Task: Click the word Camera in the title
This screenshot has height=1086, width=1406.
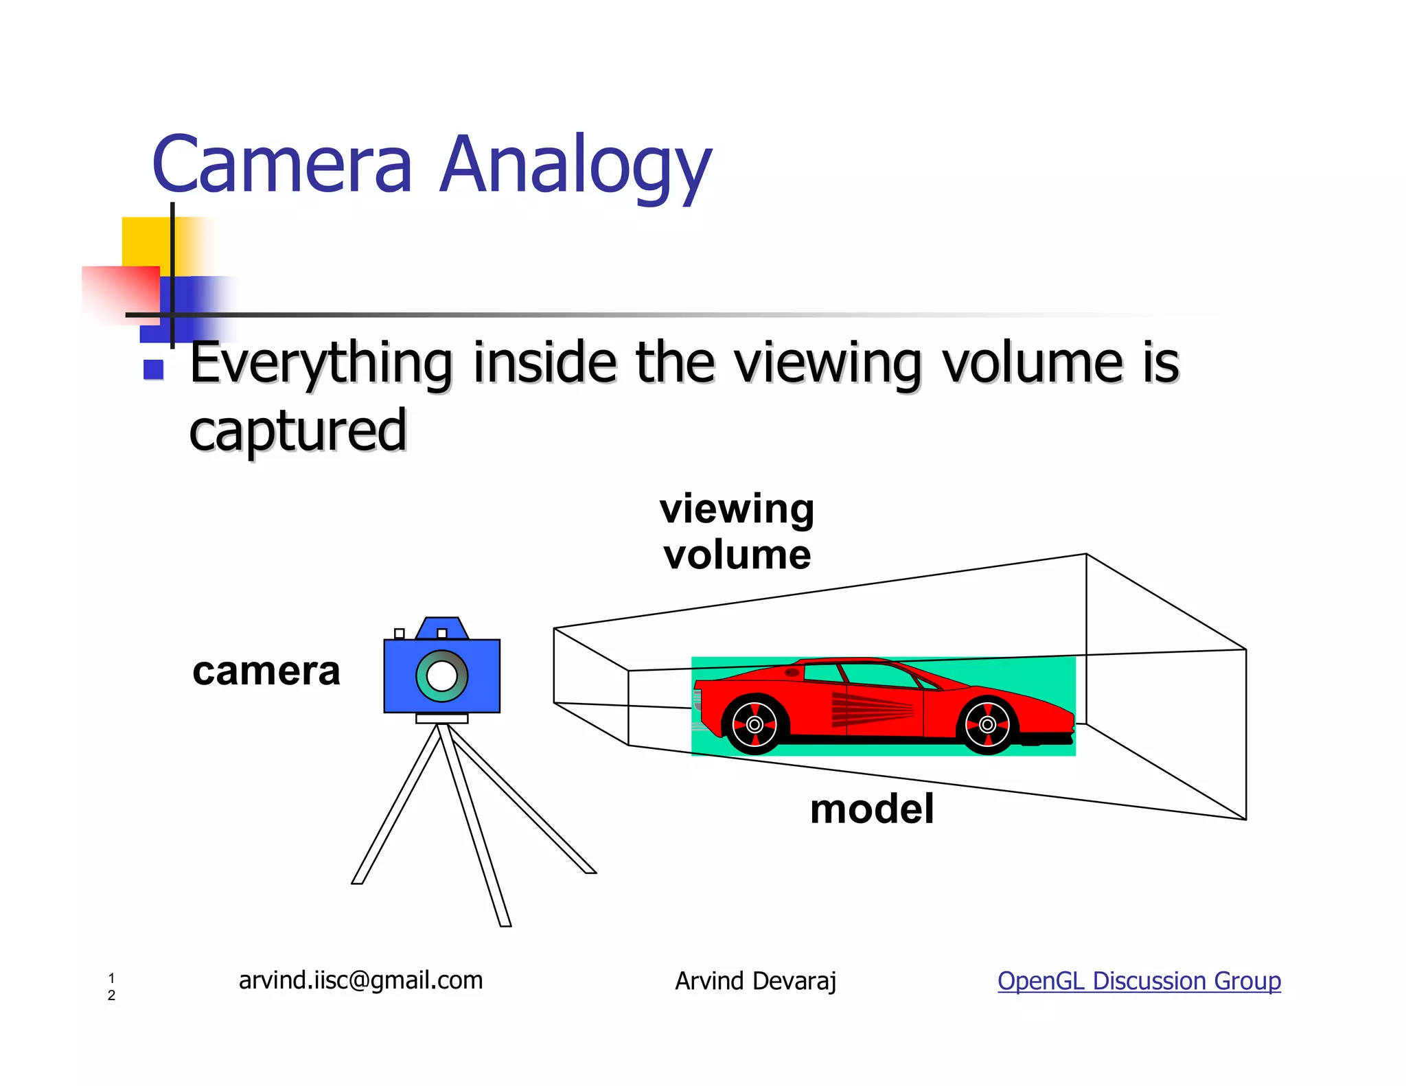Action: coord(282,165)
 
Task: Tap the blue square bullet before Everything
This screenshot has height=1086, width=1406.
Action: coord(153,370)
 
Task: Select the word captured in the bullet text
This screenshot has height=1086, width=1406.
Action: coord(298,430)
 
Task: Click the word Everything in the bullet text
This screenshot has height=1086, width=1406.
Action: coord(321,364)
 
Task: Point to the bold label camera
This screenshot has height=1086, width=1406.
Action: coord(266,671)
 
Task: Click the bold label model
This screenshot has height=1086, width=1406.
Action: coord(871,809)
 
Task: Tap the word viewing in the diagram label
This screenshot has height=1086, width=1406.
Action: coord(737,510)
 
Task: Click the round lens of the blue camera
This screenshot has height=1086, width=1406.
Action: coord(441,676)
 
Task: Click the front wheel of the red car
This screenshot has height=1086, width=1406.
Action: coord(987,724)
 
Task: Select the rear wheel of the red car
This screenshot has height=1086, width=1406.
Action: coord(754,724)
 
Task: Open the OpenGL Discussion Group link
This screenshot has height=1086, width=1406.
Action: coord(1139,981)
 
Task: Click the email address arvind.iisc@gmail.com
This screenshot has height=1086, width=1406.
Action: coord(360,980)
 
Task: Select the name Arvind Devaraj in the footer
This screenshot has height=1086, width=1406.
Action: coord(755,981)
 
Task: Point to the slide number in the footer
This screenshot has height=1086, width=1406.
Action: coord(111,986)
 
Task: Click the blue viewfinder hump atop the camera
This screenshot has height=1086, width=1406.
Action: coord(441,627)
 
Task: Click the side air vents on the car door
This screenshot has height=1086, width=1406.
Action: coord(872,709)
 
